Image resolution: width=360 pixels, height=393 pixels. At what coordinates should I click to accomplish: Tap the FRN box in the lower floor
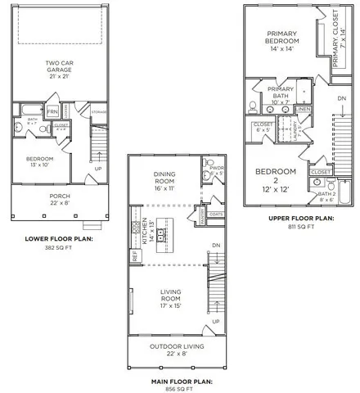52,112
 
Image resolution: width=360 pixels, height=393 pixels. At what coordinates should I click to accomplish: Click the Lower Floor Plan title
59,239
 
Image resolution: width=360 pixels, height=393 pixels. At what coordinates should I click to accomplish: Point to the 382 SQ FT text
59,248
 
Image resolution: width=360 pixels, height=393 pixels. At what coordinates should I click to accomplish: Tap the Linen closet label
303,108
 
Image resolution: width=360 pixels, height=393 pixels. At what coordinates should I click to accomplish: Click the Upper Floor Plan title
300,219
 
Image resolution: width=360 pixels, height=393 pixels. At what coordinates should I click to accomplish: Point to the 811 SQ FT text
300,228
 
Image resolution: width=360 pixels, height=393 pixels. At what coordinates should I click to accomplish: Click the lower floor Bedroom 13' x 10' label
39,162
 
